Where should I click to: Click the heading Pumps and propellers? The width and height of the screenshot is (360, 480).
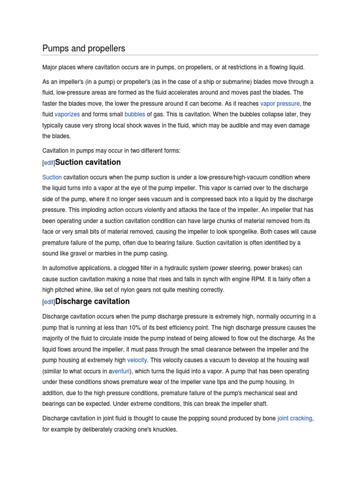[x=83, y=49]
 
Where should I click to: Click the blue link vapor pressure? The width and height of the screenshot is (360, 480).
[x=279, y=104]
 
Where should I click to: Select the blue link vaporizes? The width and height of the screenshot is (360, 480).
[x=67, y=114]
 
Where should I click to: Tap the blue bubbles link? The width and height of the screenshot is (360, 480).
[x=135, y=114]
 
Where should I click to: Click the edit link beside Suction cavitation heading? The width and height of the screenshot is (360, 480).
[x=48, y=163]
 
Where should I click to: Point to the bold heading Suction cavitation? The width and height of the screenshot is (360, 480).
[x=88, y=162]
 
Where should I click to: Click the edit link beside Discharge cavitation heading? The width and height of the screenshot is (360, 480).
[x=48, y=302]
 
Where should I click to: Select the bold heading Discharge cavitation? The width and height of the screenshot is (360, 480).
[x=92, y=301]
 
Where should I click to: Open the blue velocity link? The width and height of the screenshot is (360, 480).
[x=136, y=360]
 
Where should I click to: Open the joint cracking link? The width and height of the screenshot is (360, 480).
[x=295, y=418]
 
